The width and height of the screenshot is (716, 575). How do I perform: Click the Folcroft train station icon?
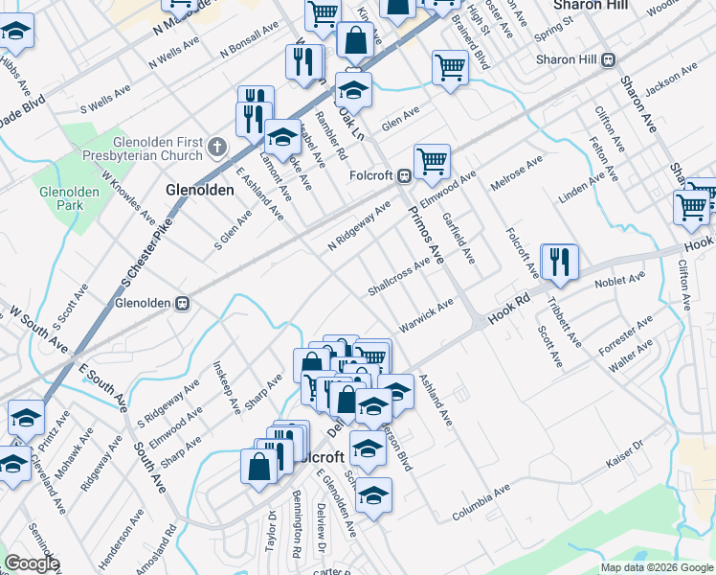click(405, 176)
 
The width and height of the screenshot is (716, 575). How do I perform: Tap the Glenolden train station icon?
click(182, 303)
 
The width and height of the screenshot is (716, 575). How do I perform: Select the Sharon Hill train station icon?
click(607, 59)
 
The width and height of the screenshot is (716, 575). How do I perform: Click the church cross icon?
click(217, 149)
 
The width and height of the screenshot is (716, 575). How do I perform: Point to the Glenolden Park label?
click(69, 198)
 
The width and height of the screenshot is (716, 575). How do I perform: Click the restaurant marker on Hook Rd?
click(560, 262)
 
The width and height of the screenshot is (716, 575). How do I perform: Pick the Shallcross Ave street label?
click(399, 277)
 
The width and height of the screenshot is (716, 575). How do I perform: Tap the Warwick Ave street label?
click(425, 317)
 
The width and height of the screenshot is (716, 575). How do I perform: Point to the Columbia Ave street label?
click(481, 503)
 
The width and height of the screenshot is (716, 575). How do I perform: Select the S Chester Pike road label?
click(139, 257)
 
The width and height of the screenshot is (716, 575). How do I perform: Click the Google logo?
click(31, 563)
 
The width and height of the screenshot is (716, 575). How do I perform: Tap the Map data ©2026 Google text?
click(656, 567)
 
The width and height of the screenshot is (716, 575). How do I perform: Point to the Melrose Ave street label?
click(517, 174)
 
